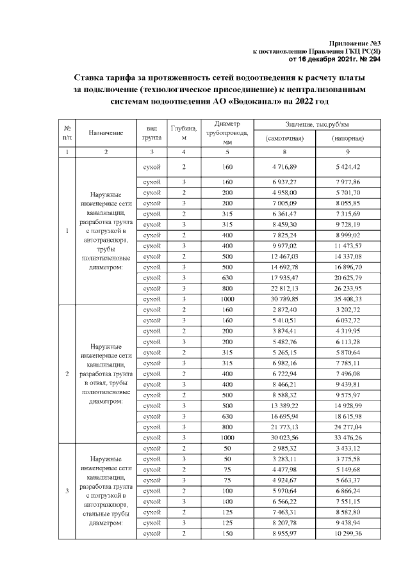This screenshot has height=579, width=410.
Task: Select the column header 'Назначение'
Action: pos(106,132)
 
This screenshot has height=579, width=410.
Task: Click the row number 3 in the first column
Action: pos(67,491)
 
